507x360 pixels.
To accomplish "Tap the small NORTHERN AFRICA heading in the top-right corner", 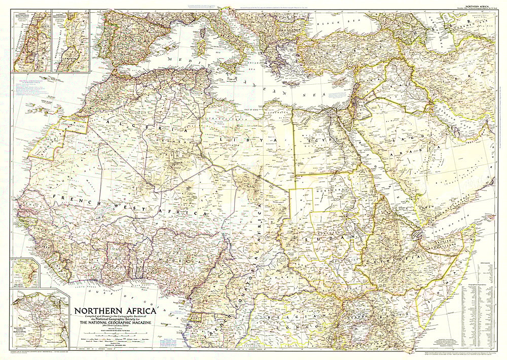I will click(x=480, y=4).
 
